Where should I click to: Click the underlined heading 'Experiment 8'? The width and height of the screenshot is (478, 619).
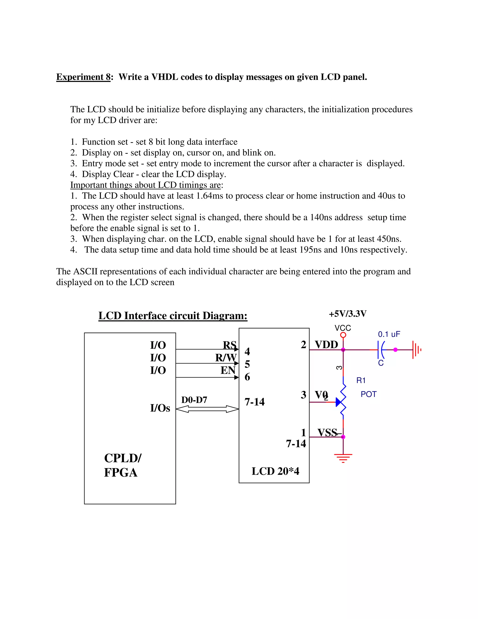[83, 77]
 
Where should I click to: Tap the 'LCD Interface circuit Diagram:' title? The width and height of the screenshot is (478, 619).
[173, 316]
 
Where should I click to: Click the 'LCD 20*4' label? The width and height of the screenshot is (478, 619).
[275, 471]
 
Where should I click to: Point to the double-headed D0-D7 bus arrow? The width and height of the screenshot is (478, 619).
[207, 409]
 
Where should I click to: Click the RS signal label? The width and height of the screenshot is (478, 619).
[229, 345]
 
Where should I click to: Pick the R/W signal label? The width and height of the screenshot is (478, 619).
[225, 358]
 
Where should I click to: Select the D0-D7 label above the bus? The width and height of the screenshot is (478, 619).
[194, 400]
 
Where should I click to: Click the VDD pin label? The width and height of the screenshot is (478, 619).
[326, 345]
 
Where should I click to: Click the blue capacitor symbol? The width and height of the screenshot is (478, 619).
[381, 350]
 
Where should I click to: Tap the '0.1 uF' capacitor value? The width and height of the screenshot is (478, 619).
[389, 334]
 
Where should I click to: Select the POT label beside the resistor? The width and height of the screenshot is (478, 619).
[368, 394]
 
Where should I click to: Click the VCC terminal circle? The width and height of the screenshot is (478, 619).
[343, 335]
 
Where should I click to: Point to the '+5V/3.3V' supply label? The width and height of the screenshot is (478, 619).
[348, 314]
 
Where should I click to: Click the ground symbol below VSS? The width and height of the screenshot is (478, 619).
[343, 457]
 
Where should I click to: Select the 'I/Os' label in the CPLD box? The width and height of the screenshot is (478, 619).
[160, 408]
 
